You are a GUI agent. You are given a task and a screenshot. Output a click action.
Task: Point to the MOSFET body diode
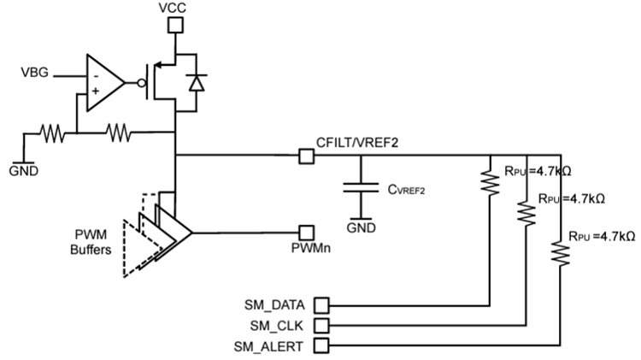click(x=197, y=83)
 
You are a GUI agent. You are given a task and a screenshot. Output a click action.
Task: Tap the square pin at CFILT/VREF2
click(x=303, y=156)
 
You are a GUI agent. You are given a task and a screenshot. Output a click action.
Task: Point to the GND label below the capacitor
click(x=360, y=229)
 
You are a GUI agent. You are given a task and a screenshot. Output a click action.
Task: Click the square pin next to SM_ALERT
click(x=323, y=345)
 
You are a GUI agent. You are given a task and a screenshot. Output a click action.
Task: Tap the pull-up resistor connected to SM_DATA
click(x=490, y=183)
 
